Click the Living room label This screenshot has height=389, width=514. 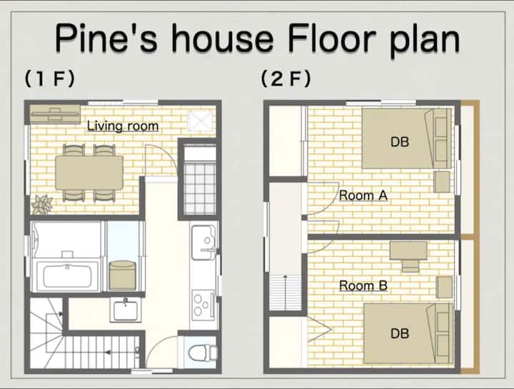pos(123,126)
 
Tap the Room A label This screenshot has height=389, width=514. pos(363,196)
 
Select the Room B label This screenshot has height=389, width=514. pos(363,286)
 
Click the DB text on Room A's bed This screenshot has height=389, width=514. pos(400,142)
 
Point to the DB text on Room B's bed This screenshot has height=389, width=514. pos(400,333)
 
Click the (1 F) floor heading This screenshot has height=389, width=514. pos(50,79)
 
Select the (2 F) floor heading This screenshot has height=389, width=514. pos(286,79)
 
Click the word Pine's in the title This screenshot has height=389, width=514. pos(106,39)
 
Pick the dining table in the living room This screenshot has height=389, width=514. pos(89,173)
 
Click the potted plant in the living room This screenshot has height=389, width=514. pos(42,205)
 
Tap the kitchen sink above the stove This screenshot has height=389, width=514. pos(204,243)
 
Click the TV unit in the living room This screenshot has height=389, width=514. pos(55,114)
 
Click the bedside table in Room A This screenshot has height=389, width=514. pos(442,181)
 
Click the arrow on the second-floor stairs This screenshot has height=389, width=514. pos(285,293)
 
